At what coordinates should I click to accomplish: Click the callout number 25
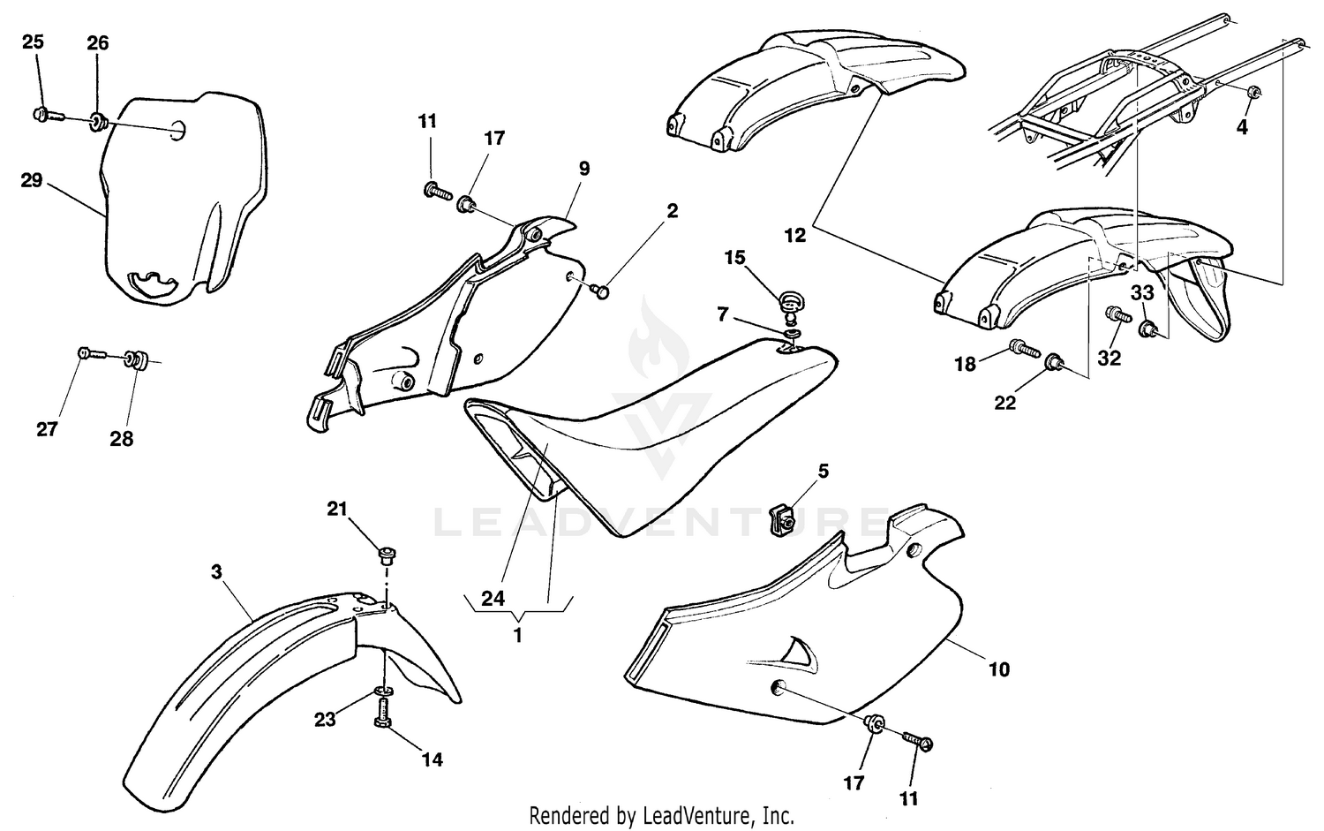pos(33,42)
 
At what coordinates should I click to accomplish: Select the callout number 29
pos(32,180)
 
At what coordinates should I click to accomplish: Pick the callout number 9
pos(583,168)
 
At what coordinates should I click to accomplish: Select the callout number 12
pos(795,236)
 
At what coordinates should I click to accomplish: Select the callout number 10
pos(998,669)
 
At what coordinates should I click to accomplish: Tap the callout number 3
pos(216,571)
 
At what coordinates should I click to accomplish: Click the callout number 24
pos(493,599)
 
